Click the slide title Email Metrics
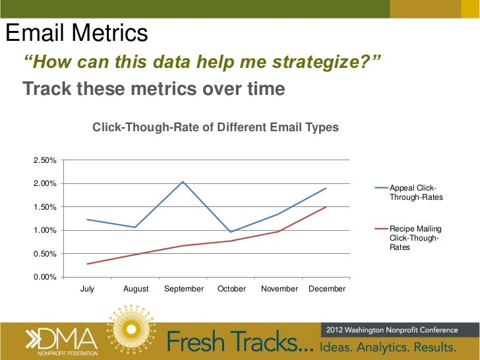[76, 34]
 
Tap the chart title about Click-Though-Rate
[215, 127]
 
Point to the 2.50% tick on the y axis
[44, 160]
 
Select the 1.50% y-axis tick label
[44, 207]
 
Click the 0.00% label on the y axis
[44, 277]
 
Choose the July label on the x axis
[87, 289]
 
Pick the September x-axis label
[183, 289]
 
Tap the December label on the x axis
[327, 289]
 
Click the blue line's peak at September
[183, 181]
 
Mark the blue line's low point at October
[231, 232]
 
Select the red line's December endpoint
[326, 207]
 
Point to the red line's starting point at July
[87, 264]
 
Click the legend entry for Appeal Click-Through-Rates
[416, 193]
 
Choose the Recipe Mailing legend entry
[415, 238]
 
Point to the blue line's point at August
[135, 227]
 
